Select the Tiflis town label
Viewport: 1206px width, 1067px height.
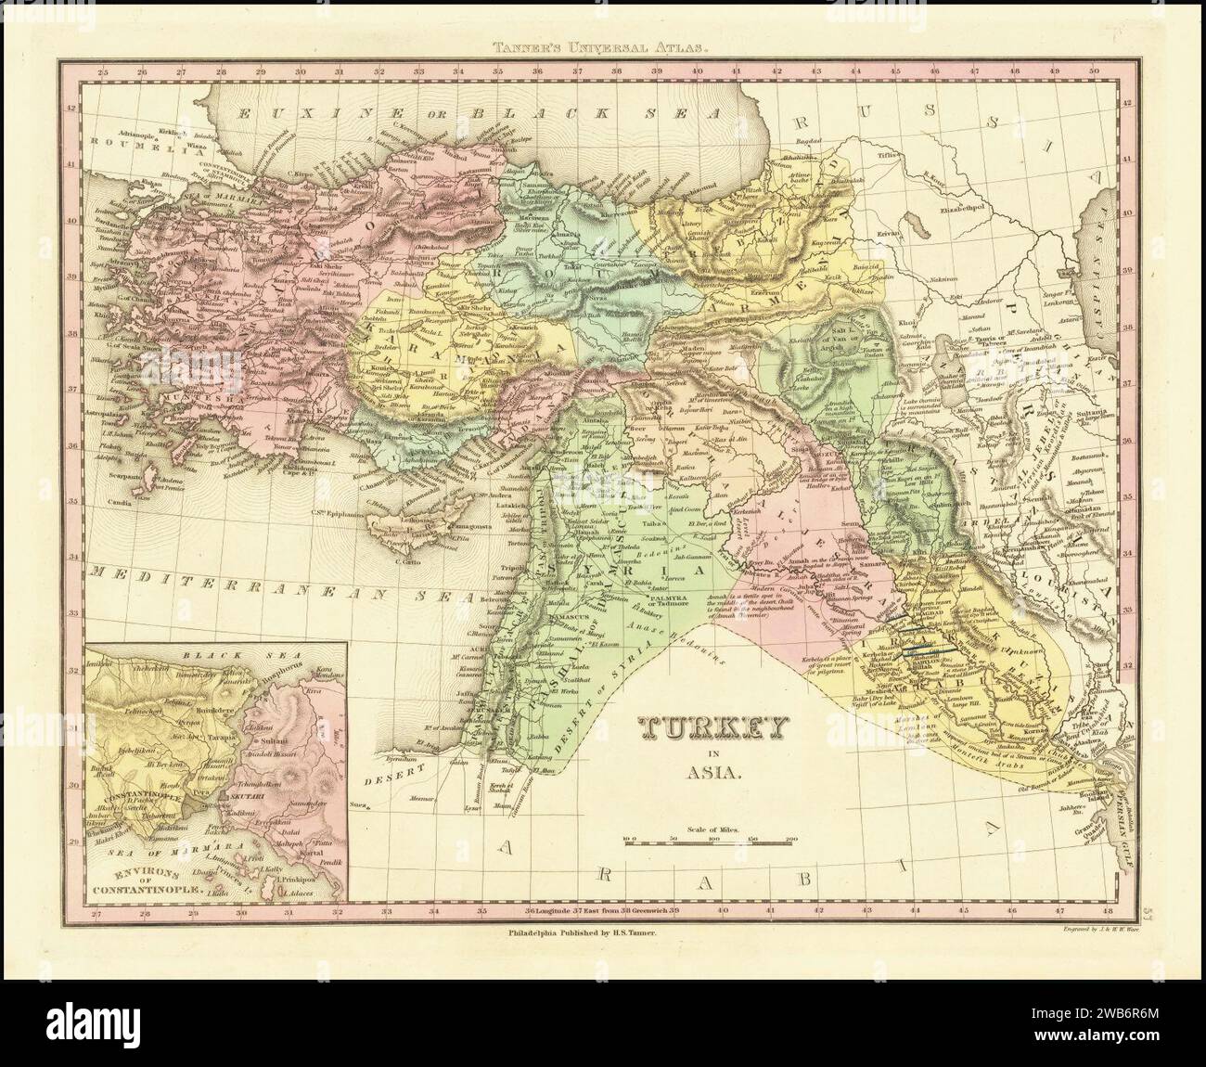click(889, 158)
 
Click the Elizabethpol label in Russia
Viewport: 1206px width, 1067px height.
click(938, 212)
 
